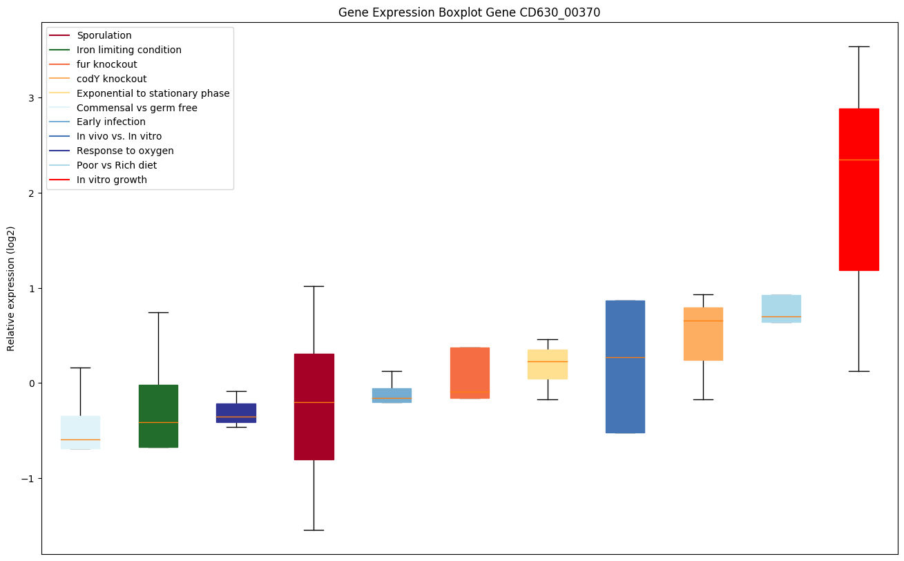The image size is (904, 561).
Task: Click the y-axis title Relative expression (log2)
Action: [11, 288]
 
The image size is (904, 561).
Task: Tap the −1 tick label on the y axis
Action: [28, 479]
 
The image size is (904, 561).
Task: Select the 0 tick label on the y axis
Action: [31, 383]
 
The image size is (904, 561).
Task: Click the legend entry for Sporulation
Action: [104, 35]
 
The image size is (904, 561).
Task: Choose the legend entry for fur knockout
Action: [107, 64]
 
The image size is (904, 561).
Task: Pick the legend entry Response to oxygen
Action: [125, 151]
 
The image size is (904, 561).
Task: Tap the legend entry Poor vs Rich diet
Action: [117, 165]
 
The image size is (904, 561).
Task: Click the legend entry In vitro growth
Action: [112, 180]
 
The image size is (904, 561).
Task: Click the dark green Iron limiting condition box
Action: [158, 416]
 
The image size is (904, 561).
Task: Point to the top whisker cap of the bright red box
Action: [858, 46]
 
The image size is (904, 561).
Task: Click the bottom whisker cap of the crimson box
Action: [314, 530]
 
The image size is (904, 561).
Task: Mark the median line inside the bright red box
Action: [858, 160]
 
